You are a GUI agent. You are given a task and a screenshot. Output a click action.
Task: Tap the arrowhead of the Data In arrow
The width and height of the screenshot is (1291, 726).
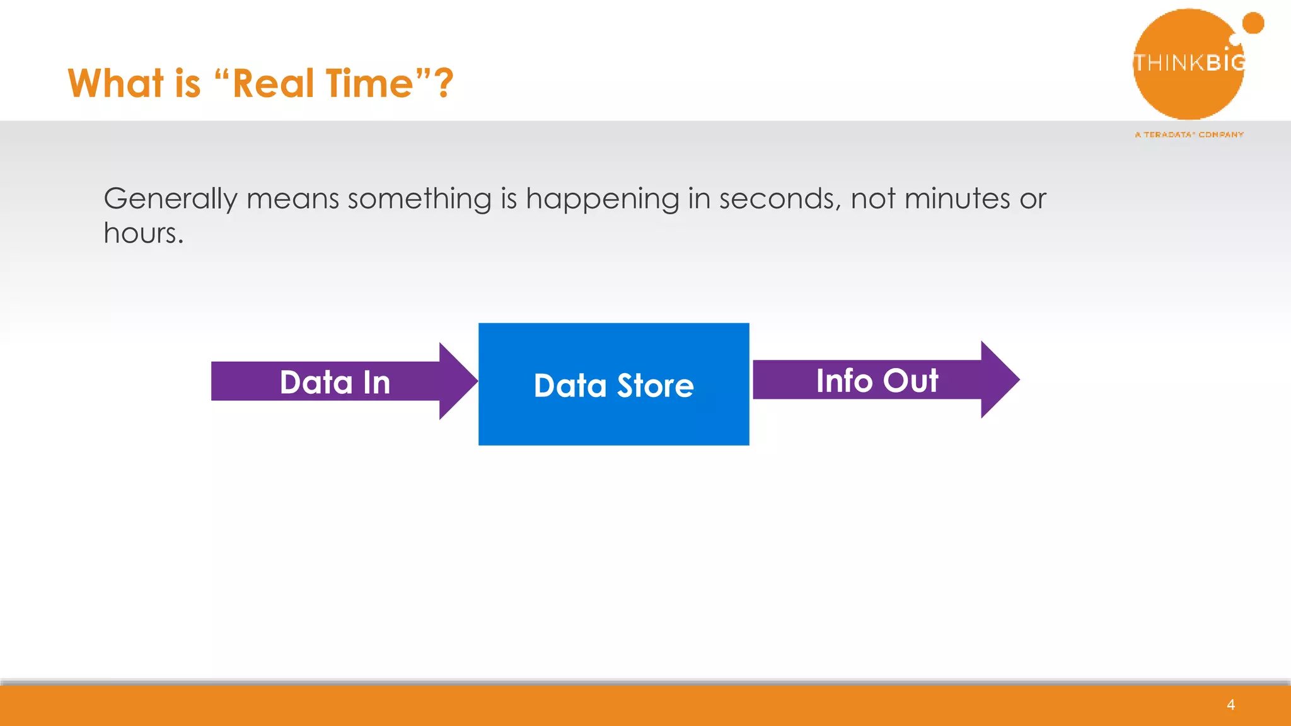click(x=456, y=381)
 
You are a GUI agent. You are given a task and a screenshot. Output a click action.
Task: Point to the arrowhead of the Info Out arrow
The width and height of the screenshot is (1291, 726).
click(x=999, y=379)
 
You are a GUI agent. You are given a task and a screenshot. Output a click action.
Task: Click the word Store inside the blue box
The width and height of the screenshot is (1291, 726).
click(x=655, y=385)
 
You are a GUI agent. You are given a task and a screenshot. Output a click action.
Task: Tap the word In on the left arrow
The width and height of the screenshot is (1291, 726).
click(x=376, y=383)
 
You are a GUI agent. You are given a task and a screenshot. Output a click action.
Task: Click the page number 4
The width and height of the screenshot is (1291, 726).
click(x=1230, y=705)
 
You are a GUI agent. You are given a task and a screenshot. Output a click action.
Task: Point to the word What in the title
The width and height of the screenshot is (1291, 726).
click(x=116, y=83)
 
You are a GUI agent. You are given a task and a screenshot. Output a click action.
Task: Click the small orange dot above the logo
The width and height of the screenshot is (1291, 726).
click(x=1253, y=23)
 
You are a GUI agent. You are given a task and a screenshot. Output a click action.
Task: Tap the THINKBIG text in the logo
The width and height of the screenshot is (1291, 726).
click(x=1189, y=62)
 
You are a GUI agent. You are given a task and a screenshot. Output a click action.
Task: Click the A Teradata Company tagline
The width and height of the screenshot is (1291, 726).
click(x=1189, y=134)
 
